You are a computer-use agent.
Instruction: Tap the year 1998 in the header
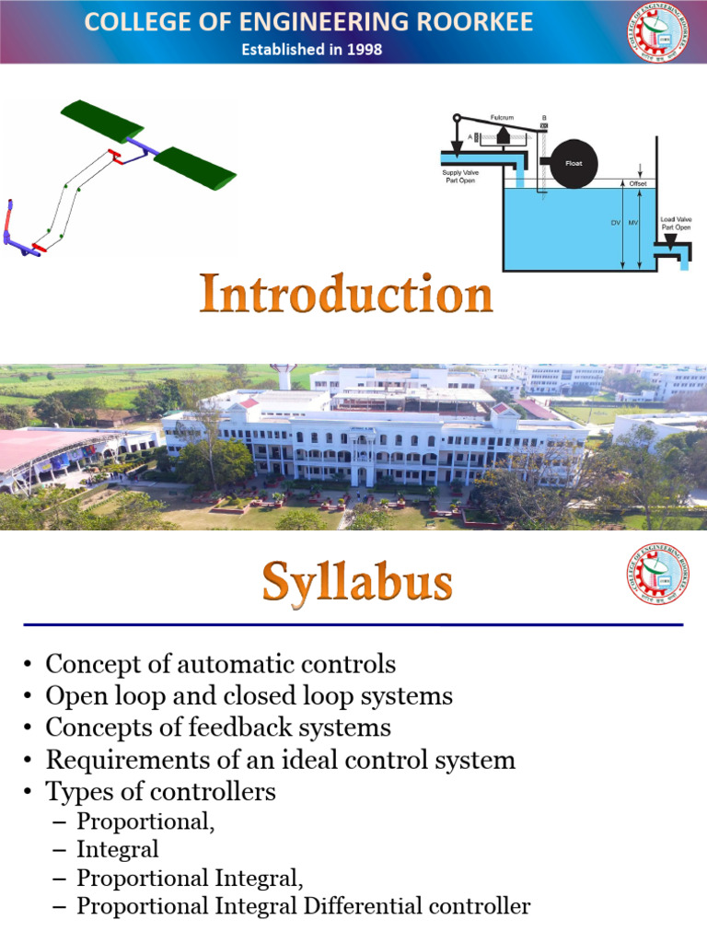364,49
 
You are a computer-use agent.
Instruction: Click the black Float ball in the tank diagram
566,164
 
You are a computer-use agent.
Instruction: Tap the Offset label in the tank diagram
638,183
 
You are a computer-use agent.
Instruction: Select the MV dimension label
632,223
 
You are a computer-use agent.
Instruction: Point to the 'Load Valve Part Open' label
675,223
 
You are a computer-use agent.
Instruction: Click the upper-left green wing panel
102,119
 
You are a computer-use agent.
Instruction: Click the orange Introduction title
346,296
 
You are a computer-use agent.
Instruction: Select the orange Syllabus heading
357,582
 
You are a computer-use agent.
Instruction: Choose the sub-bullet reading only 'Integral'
118,848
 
